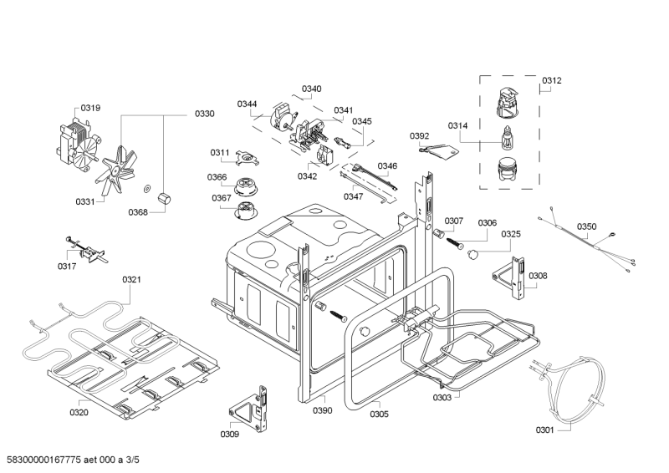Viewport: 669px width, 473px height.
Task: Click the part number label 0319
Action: click(x=90, y=108)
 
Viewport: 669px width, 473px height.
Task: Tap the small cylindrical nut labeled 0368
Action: click(x=163, y=198)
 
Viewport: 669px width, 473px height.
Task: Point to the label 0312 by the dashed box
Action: click(x=552, y=81)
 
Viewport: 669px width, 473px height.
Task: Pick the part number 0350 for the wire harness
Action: click(x=587, y=226)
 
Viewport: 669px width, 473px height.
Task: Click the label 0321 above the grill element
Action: click(x=132, y=279)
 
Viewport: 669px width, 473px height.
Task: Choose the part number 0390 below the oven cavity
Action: click(x=323, y=410)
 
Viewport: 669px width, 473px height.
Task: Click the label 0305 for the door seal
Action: click(x=379, y=414)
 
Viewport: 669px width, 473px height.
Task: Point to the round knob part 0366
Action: click(x=246, y=184)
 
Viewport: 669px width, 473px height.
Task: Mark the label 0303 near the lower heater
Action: click(x=442, y=398)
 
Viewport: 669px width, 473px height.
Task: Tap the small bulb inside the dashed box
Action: click(x=507, y=135)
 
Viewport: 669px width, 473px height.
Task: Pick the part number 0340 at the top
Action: click(x=312, y=89)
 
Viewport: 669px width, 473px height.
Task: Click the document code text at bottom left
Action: click(x=74, y=460)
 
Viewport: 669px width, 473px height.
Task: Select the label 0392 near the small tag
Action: click(x=419, y=135)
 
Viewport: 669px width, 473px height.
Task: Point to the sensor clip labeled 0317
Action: click(x=83, y=248)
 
